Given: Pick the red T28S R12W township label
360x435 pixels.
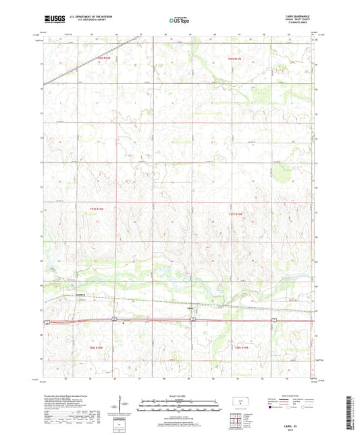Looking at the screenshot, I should coord(96,348).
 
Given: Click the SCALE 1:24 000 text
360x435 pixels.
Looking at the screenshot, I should coord(180,396).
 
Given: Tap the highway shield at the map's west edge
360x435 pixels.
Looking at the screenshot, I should coord(45,321).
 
